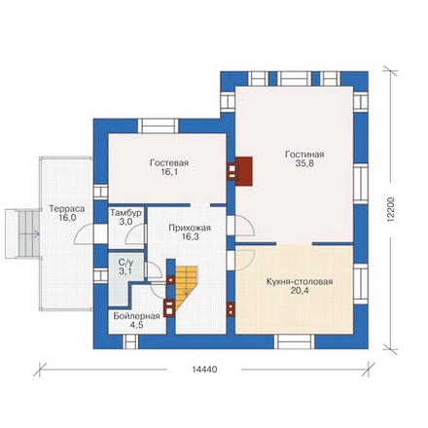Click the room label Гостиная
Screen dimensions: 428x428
point(304,154)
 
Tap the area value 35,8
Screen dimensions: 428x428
point(304,163)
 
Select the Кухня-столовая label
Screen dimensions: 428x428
point(300,281)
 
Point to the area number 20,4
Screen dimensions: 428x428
point(300,291)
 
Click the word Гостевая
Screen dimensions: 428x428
point(169,162)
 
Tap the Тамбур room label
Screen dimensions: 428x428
point(125,213)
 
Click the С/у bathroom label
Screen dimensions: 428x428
point(125,262)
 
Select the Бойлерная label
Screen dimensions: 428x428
point(136,316)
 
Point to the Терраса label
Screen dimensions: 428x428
point(67,208)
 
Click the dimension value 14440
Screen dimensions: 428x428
point(204,370)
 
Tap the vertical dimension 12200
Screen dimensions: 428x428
point(391,209)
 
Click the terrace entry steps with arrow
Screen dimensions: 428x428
point(23,233)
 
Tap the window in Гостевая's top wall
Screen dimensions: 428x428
point(159,125)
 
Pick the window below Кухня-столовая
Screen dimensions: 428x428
point(295,341)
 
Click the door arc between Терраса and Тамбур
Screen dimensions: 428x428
point(83,235)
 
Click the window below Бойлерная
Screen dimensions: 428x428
point(130,341)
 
